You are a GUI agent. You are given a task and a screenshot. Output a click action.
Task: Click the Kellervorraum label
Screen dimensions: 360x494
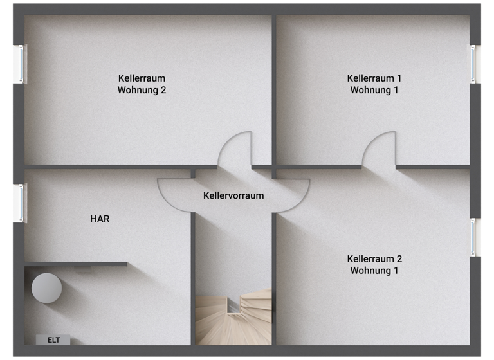[x=233, y=195]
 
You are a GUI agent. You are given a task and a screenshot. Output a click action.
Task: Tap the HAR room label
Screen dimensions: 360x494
[x=100, y=219]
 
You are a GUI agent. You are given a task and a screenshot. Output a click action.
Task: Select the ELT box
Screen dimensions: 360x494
[x=53, y=340]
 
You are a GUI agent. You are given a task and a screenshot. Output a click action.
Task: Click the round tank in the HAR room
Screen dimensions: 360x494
[x=47, y=287]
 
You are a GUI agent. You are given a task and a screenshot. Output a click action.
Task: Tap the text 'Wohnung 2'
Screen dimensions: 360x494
[x=142, y=91]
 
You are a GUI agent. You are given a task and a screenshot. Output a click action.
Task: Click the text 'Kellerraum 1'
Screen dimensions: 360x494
[x=374, y=78]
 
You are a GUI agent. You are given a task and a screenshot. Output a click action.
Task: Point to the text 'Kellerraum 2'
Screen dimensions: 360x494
[x=374, y=259]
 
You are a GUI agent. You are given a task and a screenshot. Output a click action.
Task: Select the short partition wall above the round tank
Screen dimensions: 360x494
[x=76, y=264]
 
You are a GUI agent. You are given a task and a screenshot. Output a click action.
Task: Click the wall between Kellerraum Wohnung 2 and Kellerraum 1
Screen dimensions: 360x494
[x=273, y=90]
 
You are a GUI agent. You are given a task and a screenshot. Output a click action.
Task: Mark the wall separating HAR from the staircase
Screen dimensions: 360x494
[x=193, y=276]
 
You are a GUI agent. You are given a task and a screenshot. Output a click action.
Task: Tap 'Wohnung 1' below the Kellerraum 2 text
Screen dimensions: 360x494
[x=374, y=271]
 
